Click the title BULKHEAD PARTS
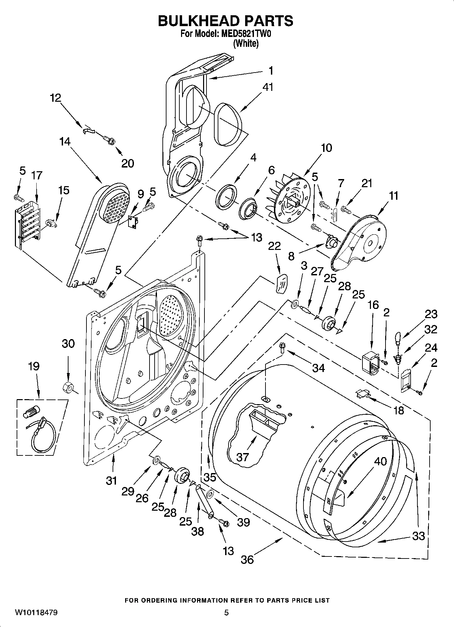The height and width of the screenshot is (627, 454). click(226, 21)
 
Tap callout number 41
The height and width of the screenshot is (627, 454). click(268, 87)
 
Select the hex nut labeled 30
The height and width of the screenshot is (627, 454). click(68, 386)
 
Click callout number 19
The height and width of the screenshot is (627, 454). click(34, 366)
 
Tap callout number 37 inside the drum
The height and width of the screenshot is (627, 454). click(243, 457)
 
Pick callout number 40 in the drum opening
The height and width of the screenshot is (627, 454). click(380, 462)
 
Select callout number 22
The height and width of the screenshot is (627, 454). click(274, 246)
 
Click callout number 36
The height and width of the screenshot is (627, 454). click(247, 559)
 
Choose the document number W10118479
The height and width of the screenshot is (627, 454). click(36, 612)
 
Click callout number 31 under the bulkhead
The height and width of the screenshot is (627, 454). click(111, 480)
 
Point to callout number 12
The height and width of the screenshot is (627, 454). click(55, 98)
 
